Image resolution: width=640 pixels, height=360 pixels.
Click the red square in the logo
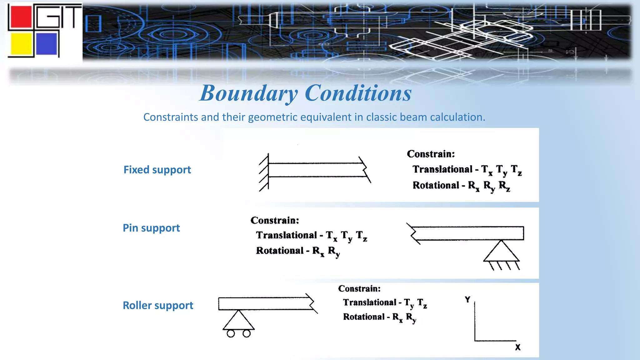pyautogui.click(x=21, y=16)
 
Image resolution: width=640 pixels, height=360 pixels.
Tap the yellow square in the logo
pyautogui.click(x=21, y=44)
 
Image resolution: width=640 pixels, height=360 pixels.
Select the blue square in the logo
pyautogui.click(x=47, y=44)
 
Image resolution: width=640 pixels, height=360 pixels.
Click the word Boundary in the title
pyautogui.click(x=249, y=93)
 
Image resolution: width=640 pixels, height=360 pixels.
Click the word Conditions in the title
pyautogui.click(x=358, y=93)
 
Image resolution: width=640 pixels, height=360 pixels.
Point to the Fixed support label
pyautogui.click(x=157, y=170)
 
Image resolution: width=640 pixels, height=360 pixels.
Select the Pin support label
pyautogui.click(x=151, y=228)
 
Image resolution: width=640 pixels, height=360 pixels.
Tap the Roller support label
pyautogui.click(x=158, y=305)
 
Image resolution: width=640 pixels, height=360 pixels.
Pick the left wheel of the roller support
pyautogui.click(x=231, y=334)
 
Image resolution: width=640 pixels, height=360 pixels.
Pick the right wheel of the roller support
pyautogui.click(x=247, y=334)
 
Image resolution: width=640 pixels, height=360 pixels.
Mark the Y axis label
pyautogui.click(x=467, y=300)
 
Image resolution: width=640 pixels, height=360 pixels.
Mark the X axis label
pyautogui.click(x=518, y=347)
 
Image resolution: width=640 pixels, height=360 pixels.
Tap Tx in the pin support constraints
pyautogui.click(x=331, y=236)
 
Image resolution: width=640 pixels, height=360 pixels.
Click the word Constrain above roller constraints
pyautogui.click(x=359, y=288)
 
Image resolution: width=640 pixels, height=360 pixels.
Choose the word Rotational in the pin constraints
pyautogui.click(x=280, y=251)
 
